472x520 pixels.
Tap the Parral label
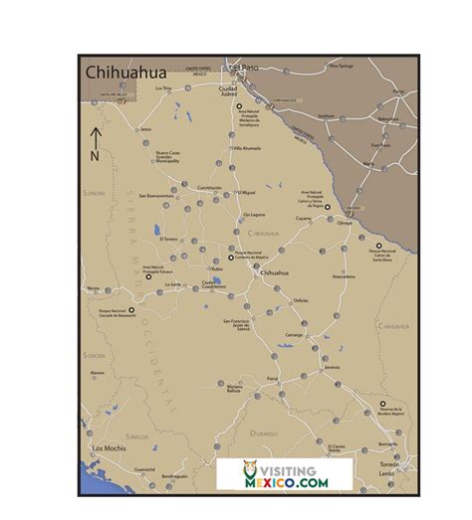tap(272, 380)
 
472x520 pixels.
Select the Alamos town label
tap(98, 372)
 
